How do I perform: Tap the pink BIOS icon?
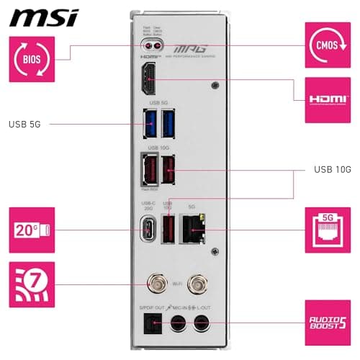point(30,58)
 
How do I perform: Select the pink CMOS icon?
point(328,43)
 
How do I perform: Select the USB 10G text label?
point(332,170)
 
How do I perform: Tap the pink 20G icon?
point(31,230)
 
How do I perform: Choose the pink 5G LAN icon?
point(328,230)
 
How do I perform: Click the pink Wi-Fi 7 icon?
point(31,284)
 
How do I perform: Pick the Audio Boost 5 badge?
point(328,323)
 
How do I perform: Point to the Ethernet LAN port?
point(192,228)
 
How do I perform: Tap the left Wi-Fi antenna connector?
point(154,285)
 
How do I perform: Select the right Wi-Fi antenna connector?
point(194,285)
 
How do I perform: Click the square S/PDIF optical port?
point(152,324)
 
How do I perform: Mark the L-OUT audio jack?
point(202,324)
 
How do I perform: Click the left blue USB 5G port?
point(152,125)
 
